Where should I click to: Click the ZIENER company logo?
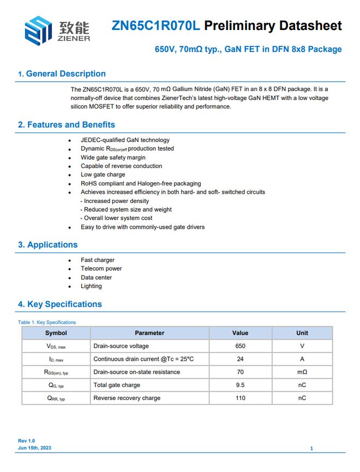(x=56, y=31)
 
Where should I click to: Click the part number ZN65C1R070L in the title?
(x=156, y=26)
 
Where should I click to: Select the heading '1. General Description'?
(x=62, y=74)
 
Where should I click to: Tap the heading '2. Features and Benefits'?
(x=67, y=124)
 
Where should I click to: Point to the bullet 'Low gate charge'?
(x=103, y=175)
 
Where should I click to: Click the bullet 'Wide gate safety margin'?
(x=113, y=157)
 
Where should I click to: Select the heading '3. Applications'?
(x=48, y=244)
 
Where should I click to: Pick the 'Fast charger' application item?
(x=98, y=260)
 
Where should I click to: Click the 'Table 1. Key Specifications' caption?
(x=47, y=322)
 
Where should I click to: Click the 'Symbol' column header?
(x=56, y=333)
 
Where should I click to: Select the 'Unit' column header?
(x=302, y=333)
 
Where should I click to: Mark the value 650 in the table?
(x=240, y=346)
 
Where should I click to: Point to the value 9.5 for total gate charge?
(x=240, y=385)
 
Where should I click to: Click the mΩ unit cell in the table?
(x=302, y=372)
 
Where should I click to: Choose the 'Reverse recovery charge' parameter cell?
(x=127, y=398)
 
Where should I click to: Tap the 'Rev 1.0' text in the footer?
(x=26, y=440)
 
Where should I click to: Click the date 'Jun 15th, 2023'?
(x=35, y=447)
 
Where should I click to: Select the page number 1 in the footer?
(x=311, y=448)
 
